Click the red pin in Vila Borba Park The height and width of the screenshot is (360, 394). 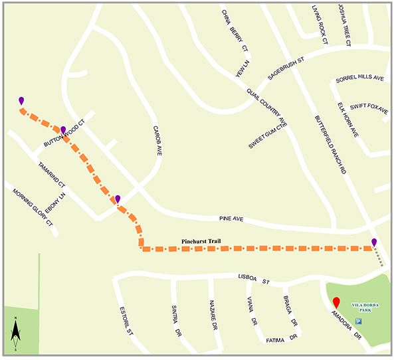(336, 303)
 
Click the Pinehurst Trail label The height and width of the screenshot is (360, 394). (205, 241)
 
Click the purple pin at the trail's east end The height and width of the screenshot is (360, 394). (374, 242)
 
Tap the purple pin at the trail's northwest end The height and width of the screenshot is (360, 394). (21, 100)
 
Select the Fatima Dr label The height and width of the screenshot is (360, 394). (279, 339)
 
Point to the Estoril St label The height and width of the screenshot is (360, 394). (127, 320)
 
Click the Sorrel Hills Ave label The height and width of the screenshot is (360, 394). (361, 78)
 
